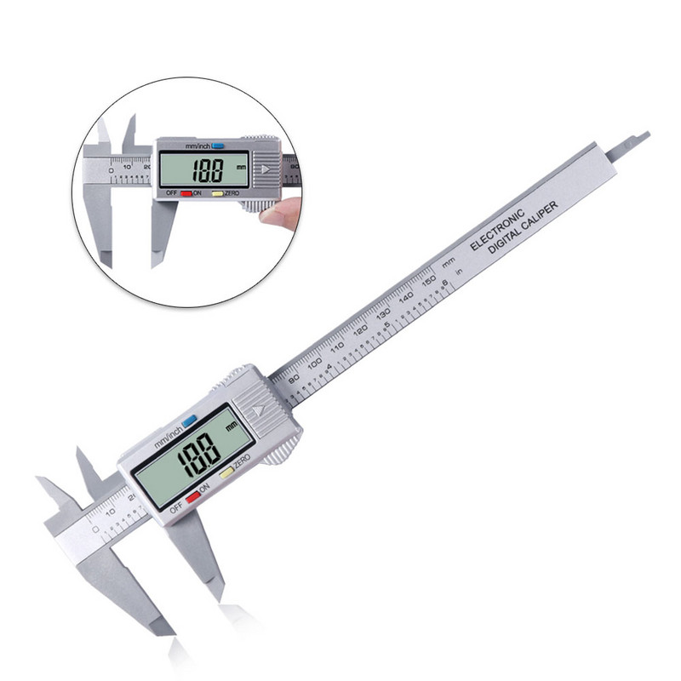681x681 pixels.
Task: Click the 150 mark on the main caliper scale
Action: [430, 278]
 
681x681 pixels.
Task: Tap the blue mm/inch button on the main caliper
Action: [189, 420]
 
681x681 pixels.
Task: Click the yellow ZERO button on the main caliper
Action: [226, 472]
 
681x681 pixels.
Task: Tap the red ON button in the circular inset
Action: [186, 194]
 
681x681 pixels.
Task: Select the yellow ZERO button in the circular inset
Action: [218, 193]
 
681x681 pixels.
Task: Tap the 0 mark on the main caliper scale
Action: [95, 529]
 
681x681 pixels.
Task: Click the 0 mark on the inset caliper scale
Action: [109, 170]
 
